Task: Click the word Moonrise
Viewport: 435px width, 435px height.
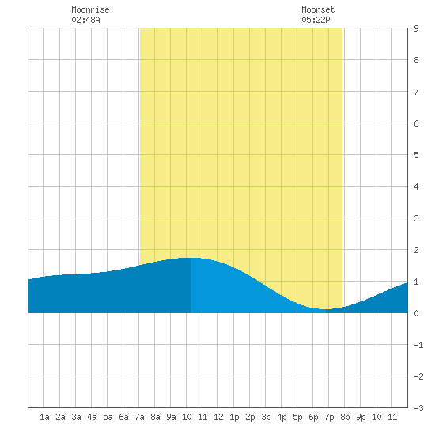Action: pyautogui.click(x=90, y=9)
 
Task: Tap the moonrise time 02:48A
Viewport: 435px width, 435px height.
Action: pyautogui.click(x=85, y=20)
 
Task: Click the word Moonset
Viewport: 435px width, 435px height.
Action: pyautogui.click(x=318, y=9)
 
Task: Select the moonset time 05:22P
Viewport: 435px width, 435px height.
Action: pyautogui.click(x=316, y=20)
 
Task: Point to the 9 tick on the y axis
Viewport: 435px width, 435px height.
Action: pyautogui.click(x=416, y=28)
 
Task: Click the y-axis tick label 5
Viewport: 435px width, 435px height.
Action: pyautogui.click(x=416, y=155)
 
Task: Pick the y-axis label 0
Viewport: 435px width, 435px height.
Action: pyautogui.click(x=416, y=313)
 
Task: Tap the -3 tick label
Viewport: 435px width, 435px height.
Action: pyautogui.click(x=418, y=408)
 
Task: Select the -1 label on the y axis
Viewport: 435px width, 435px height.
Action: pyautogui.click(x=418, y=345)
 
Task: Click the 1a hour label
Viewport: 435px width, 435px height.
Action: pyautogui.click(x=44, y=417)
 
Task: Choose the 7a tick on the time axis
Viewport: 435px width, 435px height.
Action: pyautogui.click(x=139, y=417)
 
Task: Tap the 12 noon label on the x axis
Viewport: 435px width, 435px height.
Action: pyautogui.click(x=218, y=417)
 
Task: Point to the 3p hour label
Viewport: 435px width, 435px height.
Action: pyautogui.click(x=266, y=417)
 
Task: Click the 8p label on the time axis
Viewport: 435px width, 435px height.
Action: pyautogui.click(x=345, y=417)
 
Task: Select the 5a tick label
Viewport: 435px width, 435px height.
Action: pyautogui.click(x=108, y=417)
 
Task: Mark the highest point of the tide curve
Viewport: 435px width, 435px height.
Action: pyautogui.click(x=191, y=258)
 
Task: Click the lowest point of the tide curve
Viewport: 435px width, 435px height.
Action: pyautogui.click(x=324, y=309)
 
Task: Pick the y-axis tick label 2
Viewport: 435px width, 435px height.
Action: pyautogui.click(x=416, y=250)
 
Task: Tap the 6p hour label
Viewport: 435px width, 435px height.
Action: pyautogui.click(x=313, y=417)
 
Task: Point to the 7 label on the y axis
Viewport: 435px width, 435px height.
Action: pyautogui.click(x=416, y=92)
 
